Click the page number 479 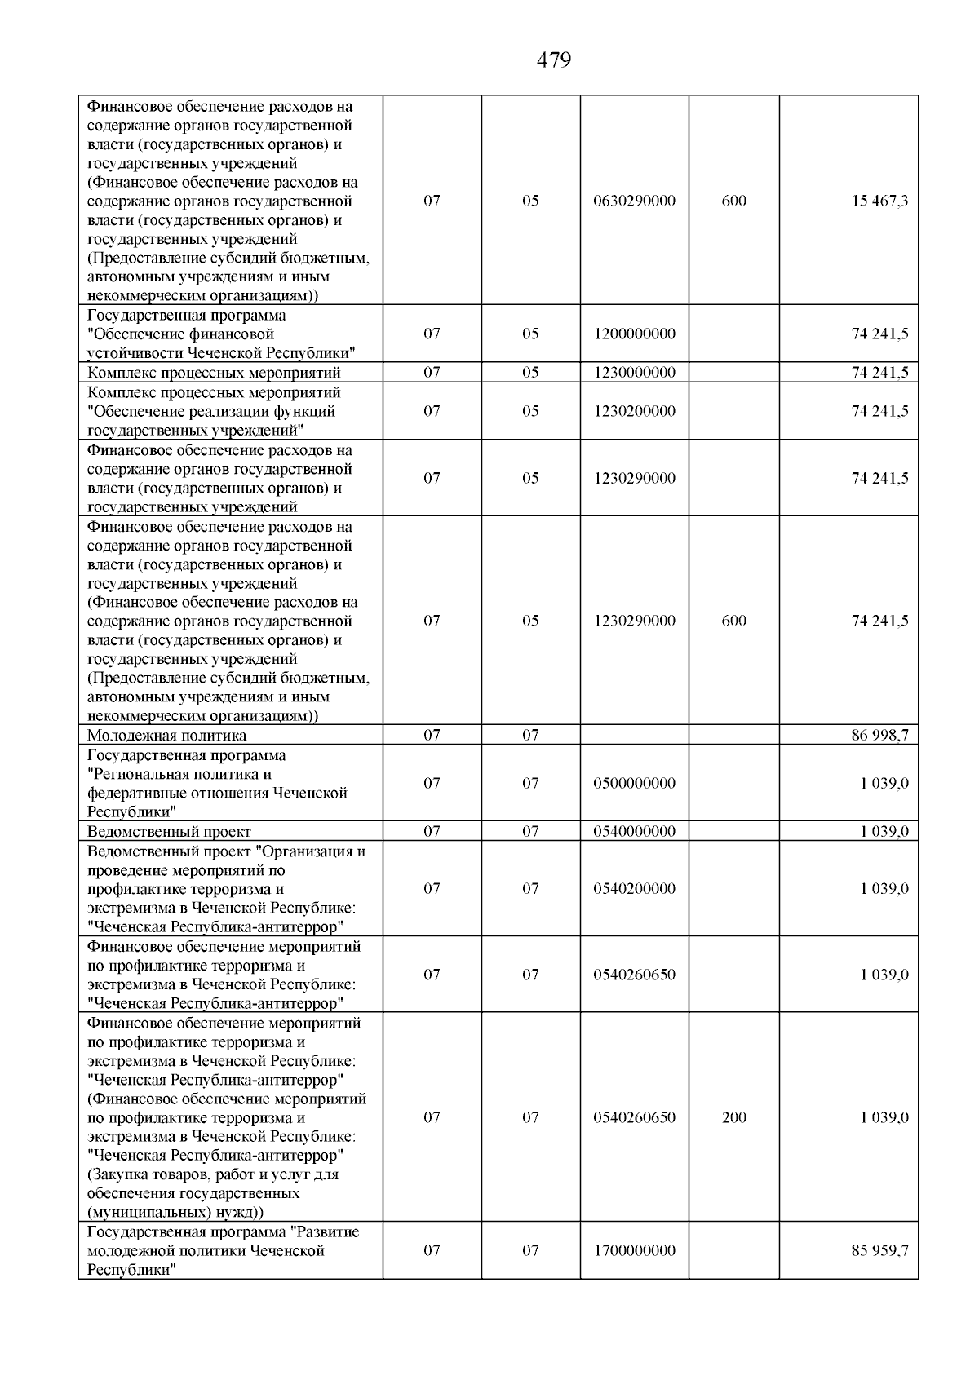pyautogui.click(x=554, y=60)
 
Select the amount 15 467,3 pyautogui.click(x=879, y=201)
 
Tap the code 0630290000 pyautogui.click(x=634, y=201)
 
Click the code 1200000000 pyautogui.click(x=634, y=334)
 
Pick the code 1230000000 pyautogui.click(x=634, y=373)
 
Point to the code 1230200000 pyautogui.click(x=634, y=411)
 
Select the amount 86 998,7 pyautogui.click(x=879, y=735)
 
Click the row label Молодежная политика pyautogui.click(x=166, y=735)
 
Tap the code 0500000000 pyautogui.click(x=634, y=783)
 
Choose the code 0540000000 pyautogui.click(x=634, y=831)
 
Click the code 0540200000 pyautogui.click(x=634, y=888)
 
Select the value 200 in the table pyautogui.click(x=733, y=1117)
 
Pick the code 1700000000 pyautogui.click(x=634, y=1250)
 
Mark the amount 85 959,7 pyautogui.click(x=879, y=1250)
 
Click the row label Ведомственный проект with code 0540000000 pyautogui.click(x=169, y=831)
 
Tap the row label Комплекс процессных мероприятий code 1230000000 pyautogui.click(x=214, y=373)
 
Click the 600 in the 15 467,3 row pyautogui.click(x=733, y=201)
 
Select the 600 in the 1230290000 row pyautogui.click(x=733, y=621)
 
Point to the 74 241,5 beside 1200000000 pyautogui.click(x=879, y=334)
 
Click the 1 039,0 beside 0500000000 pyautogui.click(x=884, y=783)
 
